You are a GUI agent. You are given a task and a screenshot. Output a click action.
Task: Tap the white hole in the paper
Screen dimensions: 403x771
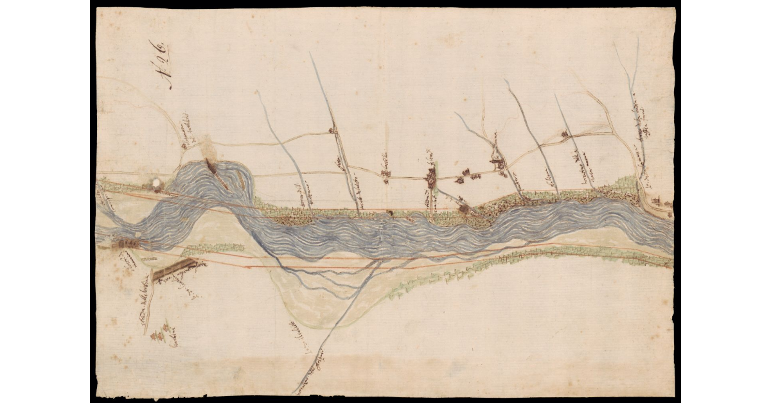tap(156, 184)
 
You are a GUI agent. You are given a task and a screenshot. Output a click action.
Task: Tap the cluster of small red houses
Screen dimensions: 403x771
tap(163, 333)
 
